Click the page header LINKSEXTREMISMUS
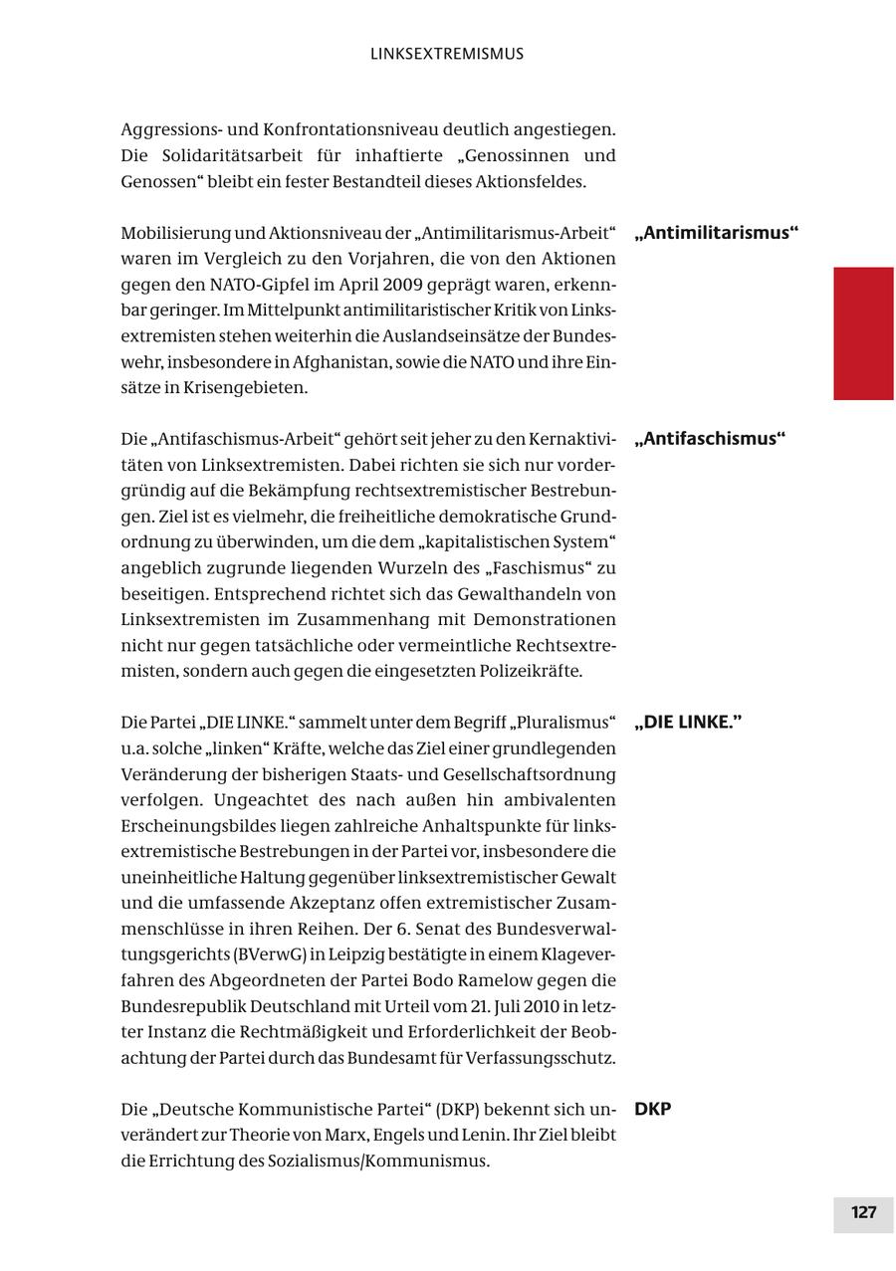point(447,54)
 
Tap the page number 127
point(863,1212)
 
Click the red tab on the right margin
point(863,333)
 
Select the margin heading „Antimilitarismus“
point(716,234)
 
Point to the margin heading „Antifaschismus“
point(709,439)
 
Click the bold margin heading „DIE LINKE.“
point(688,723)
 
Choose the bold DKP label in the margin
point(652,1109)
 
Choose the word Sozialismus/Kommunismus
point(405,1161)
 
